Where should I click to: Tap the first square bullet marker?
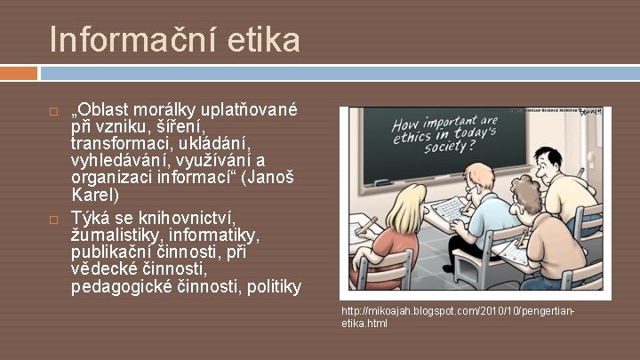tap(53, 114)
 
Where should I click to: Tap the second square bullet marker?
tap(53, 220)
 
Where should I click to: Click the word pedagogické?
tap(123, 286)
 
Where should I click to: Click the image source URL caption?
tap(458, 317)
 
